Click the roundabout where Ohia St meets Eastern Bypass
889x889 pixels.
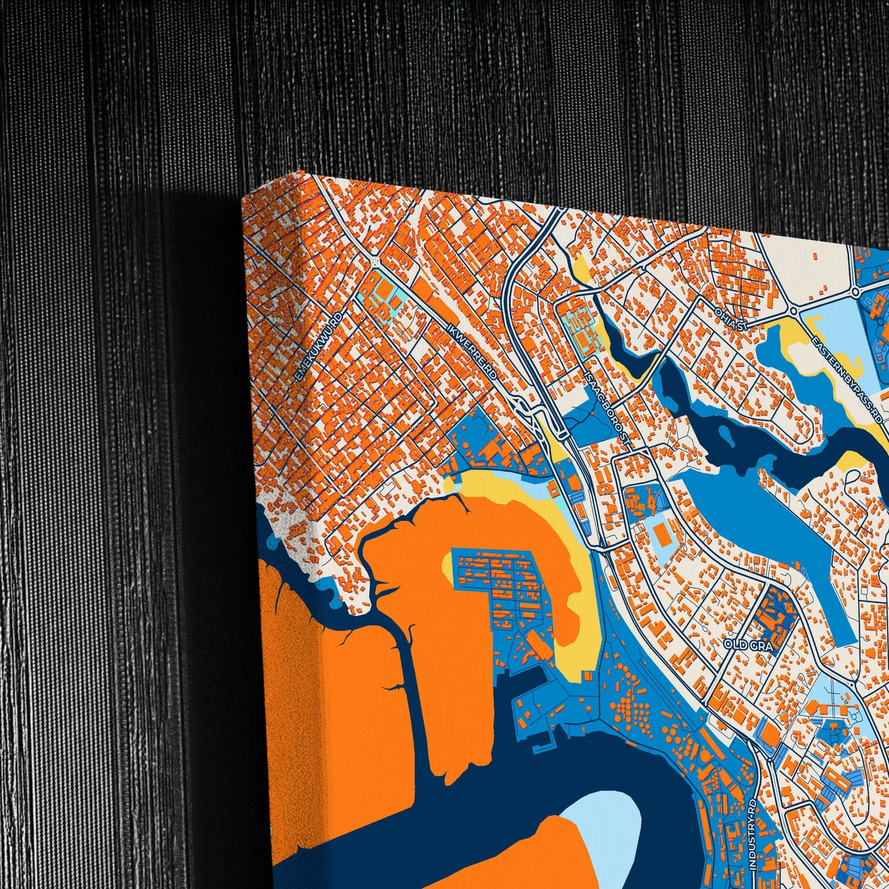click(x=793, y=312)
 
